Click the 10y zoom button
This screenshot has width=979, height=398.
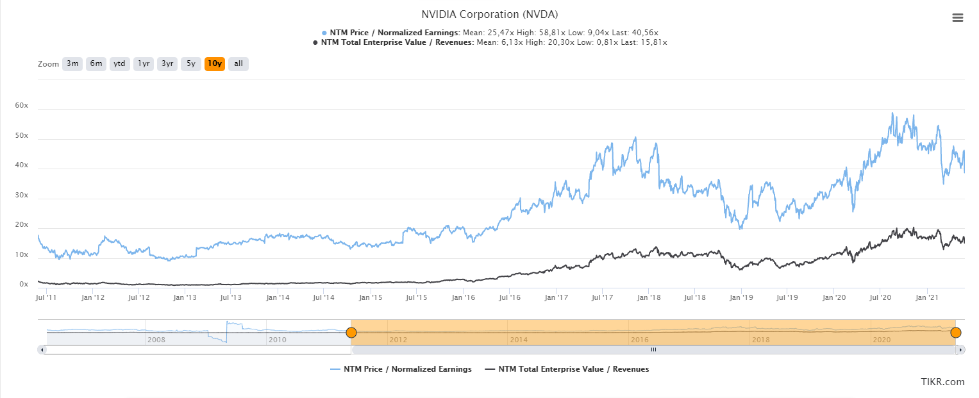(x=215, y=63)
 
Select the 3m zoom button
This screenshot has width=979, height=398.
(x=72, y=63)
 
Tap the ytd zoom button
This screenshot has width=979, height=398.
(x=119, y=63)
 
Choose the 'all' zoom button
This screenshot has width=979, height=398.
(x=238, y=63)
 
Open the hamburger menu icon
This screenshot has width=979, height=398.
(x=958, y=18)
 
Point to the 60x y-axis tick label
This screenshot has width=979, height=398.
(x=22, y=105)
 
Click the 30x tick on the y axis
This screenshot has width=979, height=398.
(x=22, y=195)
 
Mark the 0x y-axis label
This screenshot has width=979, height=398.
(x=24, y=285)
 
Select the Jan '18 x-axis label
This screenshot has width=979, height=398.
(x=649, y=297)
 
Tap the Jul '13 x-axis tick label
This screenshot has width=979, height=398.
(x=230, y=297)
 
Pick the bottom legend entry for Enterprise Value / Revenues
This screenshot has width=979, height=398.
(x=567, y=369)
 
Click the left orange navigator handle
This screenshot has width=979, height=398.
(x=351, y=332)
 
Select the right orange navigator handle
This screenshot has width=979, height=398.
(x=956, y=332)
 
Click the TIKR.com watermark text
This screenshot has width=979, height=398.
(x=942, y=382)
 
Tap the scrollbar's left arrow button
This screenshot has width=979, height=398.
(x=42, y=349)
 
